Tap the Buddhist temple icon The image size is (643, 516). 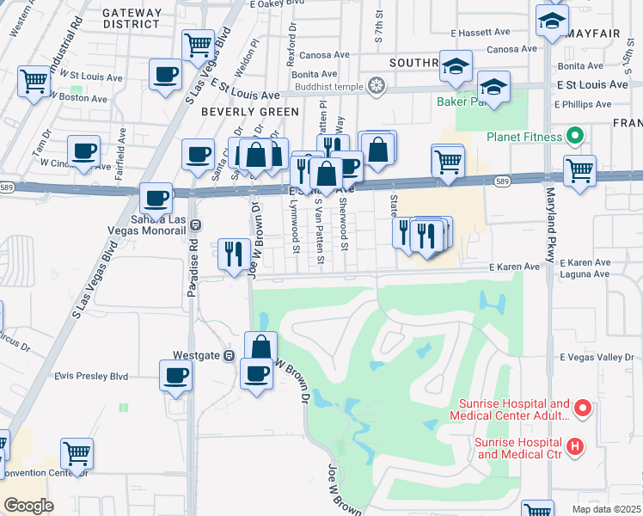(375, 85)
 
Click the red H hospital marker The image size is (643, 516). (575, 446)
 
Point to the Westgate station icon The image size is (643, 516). (230, 355)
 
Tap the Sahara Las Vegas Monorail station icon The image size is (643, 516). (196, 225)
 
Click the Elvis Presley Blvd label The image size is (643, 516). (91, 376)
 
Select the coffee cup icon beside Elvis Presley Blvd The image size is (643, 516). (176, 376)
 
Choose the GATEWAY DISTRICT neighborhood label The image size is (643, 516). (132, 19)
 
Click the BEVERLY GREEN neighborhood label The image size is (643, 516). (250, 112)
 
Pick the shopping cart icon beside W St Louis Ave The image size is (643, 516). (34, 82)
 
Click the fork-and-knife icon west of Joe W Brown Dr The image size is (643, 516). (234, 254)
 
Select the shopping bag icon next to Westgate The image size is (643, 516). (260, 347)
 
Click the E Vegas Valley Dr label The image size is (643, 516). (599, 357)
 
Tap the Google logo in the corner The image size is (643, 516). (28, 506)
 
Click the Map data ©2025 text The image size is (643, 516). (606, 509)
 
